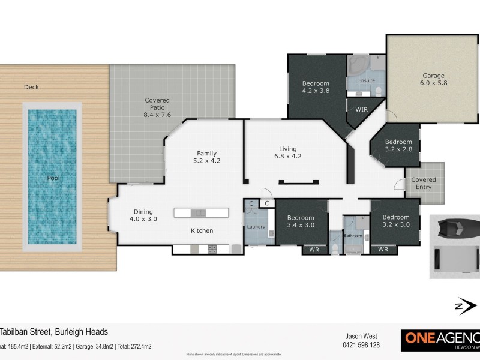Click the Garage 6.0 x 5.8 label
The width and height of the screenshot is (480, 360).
click(x=433, y=80)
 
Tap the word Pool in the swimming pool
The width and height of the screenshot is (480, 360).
click(x=50, y=178)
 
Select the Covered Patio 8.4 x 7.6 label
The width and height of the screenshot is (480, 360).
click(x=157, y=107)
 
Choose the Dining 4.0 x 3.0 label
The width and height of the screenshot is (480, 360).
click(x=143, y=215)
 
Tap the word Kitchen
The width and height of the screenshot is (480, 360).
click(x=202, y=230)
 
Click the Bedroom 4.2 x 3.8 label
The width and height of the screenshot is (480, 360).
click(x=316, y=88)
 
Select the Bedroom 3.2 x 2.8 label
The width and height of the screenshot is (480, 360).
click(x=398, y=146)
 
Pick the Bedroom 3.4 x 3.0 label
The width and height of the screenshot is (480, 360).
click(x=300, y=221)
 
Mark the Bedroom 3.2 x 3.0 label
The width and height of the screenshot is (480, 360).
click(x=396, y=221)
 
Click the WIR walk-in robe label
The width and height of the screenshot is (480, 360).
click(x=361, y=110)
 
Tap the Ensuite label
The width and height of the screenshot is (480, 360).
click(x=366, y=80)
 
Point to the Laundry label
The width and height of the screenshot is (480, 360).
click(x=256, y=227)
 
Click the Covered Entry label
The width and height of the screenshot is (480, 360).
click(x=424, y=183)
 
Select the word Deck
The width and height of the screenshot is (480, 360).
click(x=31, y=87)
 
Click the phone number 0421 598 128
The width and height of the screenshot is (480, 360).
click(x=361, y=346)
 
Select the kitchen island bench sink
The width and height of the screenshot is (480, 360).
click(x=197, y=212)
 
